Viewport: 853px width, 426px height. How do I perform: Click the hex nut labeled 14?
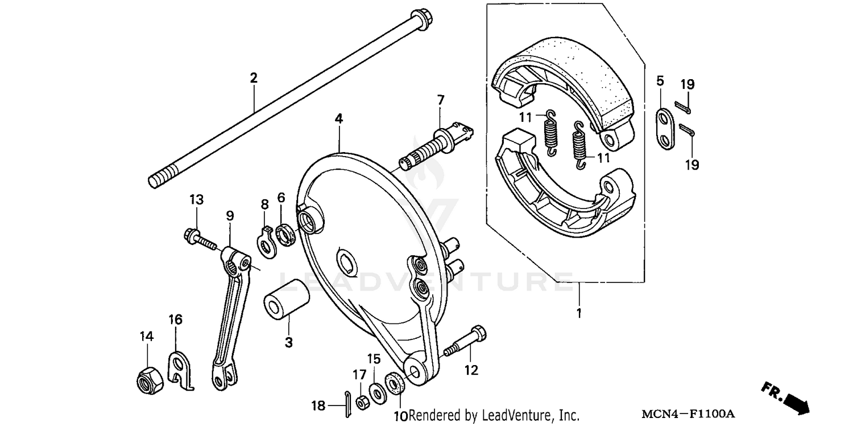(x=150, y=379)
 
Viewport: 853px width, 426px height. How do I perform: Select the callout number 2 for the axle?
(x=254, y=78)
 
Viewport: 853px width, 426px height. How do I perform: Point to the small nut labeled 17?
(x=361, y=402)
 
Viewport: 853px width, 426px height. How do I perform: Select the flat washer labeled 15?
(x=376, y=394)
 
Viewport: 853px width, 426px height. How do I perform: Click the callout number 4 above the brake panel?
(x=338, y=119)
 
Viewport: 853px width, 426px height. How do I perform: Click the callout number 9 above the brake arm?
(x=230, y=216)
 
